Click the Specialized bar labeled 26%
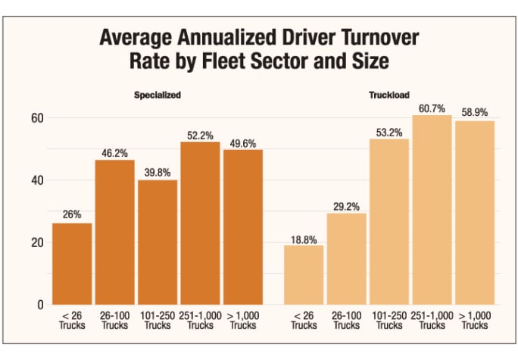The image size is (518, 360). pyautogui.click(x=72, y=264)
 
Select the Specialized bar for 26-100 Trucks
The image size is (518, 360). pyautogui.click(x=114, y=232)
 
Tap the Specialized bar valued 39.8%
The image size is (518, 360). pyautogui.click(x=158, y=242)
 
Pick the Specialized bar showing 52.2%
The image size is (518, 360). pyautogui.click(x=200, y=223)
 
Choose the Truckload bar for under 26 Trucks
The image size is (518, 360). pyautogui.click(x=304, y=274)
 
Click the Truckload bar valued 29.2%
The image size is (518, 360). pyautogui.click(x=347, y=258)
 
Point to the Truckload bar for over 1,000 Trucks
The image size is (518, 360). pyautogui.click(x=474, y=212)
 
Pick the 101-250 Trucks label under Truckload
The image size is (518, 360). pyautogui.click(x=389, y=321)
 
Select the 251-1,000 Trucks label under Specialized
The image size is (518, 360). pyautogui.click(x=200, y=321)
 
